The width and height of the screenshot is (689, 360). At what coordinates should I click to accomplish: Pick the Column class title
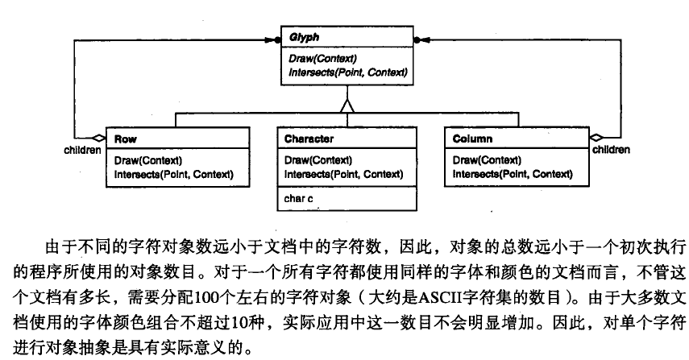pos(472,139)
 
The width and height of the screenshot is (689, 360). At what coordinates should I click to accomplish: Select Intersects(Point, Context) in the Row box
pos(174,173)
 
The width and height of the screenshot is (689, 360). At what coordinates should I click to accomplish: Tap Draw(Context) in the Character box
pos(318,160)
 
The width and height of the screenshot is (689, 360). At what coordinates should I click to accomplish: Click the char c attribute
pos(299,197)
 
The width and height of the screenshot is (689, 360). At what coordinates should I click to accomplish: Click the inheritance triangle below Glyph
pos(347,105)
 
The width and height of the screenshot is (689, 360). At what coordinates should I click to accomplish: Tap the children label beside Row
pos(82,150)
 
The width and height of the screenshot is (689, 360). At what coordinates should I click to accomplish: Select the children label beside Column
pos(611,150)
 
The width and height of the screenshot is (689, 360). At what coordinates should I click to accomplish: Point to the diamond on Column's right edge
pos(596,138)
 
